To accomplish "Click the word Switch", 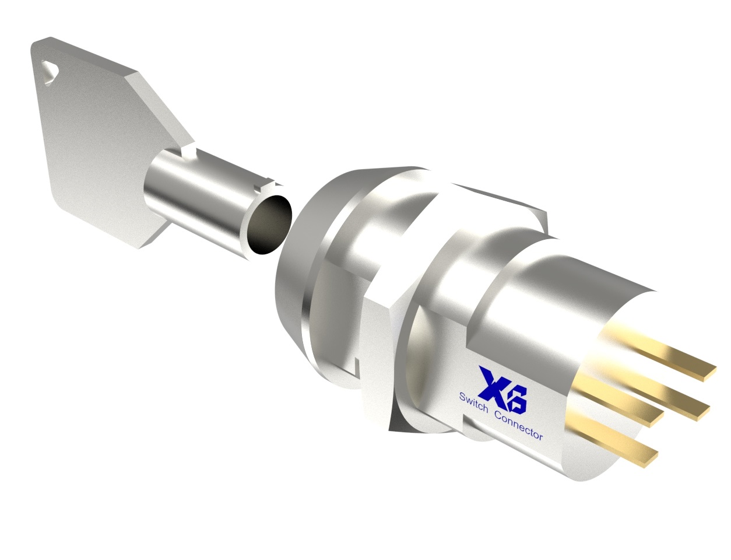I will tap(473, 404).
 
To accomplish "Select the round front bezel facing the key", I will tap(303, 262).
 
